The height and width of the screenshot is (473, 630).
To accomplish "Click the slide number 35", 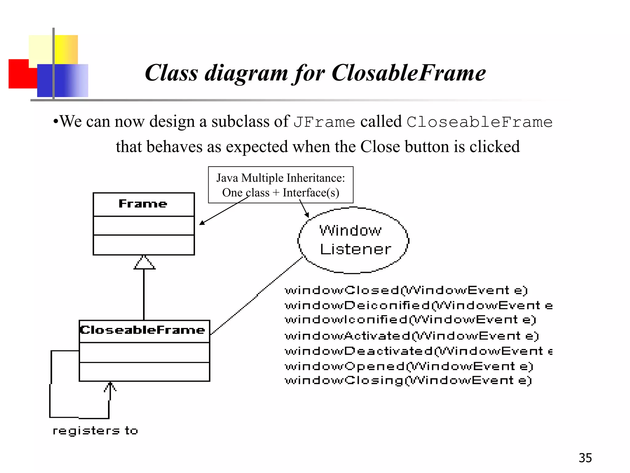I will [x=585, y=458].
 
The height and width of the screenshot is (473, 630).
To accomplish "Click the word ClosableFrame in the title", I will [x=409, y=73].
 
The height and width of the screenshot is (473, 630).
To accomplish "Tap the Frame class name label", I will [x=143, y=204].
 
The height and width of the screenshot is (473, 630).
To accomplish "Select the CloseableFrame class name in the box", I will [x=142, y=330].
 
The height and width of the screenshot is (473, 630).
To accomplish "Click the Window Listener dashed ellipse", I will [x=353, y=240].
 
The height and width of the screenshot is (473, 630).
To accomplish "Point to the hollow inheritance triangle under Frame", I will [x=144, y=263].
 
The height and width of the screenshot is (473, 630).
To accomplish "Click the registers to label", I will [x=95, y=431].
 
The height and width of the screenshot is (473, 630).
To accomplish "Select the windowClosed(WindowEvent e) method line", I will [x=406, y=290].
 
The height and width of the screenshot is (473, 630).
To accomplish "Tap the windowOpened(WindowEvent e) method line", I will [x=409, y=366].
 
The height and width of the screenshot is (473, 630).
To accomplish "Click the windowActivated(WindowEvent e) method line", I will [x=412, y=336].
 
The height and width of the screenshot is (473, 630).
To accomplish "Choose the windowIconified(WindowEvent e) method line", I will [x=410, y=320].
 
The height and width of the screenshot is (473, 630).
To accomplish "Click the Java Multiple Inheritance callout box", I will [x=281, y=185].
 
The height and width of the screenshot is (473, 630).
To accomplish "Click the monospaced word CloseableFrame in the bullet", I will [x=479, y=122].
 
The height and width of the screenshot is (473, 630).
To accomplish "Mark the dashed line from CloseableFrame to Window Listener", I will [x=257, y=295].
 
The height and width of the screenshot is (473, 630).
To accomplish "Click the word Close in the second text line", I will [x=380, y=147].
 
